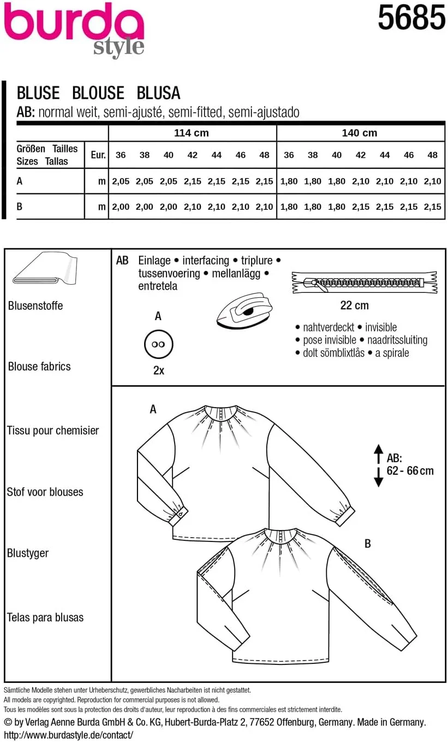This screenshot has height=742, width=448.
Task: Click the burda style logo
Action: coord(74,29)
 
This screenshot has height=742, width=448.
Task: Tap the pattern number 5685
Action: coord(411,19)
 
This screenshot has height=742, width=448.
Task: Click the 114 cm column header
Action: coord(192,133)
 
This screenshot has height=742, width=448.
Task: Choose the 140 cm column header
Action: coord(360,133)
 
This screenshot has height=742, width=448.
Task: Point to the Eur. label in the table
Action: coord(98,155)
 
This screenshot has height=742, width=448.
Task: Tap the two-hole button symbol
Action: coord(158,345)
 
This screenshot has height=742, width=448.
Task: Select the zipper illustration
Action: coord(364,282)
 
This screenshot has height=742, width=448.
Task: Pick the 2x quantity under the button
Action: coord(158,370)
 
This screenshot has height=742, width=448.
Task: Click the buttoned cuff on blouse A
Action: coord(181,513)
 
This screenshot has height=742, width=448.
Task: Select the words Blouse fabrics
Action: coord(39,367)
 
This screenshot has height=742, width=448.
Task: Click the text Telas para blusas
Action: coord(45,618)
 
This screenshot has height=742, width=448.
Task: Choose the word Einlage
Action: coord(154,261)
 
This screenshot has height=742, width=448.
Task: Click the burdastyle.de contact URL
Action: coord(68,735)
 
